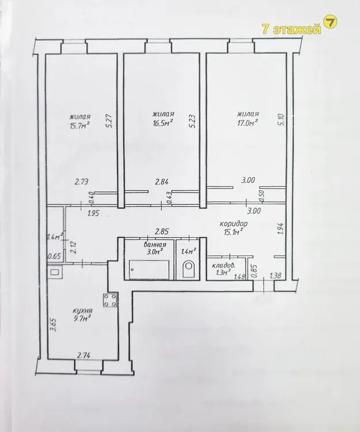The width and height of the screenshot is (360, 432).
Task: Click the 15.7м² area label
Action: pos(80,126)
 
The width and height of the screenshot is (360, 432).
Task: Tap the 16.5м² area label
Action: pos(163,123)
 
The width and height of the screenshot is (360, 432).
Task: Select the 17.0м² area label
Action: pos(248,123)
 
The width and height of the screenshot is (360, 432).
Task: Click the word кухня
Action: pos(82,310)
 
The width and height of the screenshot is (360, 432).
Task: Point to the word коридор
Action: pos(234,223)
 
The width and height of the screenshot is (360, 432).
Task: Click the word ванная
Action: pos(155,245)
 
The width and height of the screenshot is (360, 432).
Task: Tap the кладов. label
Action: pos(223,266)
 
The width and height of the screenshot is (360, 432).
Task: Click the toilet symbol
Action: pos(189,267)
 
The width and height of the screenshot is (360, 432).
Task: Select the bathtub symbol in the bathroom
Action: pos(149,270)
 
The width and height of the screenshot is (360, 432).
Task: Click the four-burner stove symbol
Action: pos(111,300)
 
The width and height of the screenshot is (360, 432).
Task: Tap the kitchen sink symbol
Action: pos(54,272)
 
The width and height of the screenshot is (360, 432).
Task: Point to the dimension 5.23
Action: pos(193,121)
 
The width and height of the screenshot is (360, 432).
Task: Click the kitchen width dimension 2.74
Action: pos(84,355)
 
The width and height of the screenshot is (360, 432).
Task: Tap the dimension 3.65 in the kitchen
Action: pos(54,325)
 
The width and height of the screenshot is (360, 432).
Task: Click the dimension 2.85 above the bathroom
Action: pos(162,232)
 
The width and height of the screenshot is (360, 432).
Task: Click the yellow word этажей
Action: pos(297,29)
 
